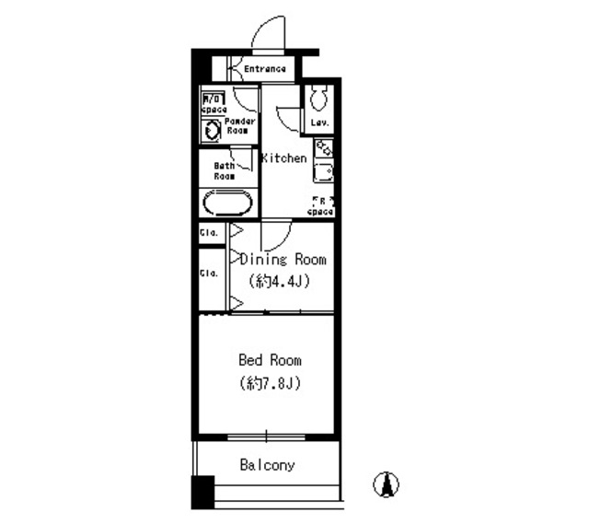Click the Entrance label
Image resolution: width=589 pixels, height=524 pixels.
coord(265,69)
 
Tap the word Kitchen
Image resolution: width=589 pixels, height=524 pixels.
coord(284,158)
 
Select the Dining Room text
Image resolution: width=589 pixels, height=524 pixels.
coord(283,260)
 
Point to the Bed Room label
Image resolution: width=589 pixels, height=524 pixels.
coord(270,360)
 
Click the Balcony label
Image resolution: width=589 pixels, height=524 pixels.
coord(268,465)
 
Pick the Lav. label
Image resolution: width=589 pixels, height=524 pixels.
coord(319,122)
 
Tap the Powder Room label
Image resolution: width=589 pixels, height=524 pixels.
coord(241,125)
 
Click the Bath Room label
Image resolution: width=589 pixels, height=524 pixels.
coord(225,170)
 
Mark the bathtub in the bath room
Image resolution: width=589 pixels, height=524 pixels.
coord(226,204)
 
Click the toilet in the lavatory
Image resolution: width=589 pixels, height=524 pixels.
coord(318,98)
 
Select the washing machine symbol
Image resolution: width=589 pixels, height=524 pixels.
coord(213,130)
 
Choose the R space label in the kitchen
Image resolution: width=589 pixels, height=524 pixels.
coord(319,205)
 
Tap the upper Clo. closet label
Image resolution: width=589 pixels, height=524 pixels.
coord(208,233)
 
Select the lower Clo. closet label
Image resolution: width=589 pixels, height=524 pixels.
coord(208,274)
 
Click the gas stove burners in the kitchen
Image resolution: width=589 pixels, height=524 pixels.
coord(323,147)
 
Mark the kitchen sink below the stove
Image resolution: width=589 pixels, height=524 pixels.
coord(322,171)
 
